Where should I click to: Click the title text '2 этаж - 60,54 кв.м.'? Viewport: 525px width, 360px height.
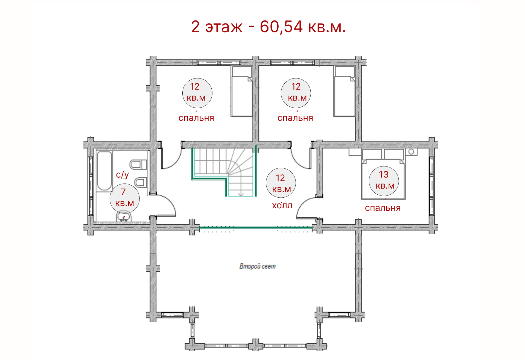click(x=269, y=27)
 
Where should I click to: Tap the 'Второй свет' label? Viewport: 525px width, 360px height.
click(x=258, y=266)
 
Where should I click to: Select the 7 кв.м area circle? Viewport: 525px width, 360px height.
click(x=125, y=198)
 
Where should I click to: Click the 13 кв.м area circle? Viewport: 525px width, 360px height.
click(x=384, y=181)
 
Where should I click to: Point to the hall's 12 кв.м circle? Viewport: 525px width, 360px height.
click(x=281, y=183)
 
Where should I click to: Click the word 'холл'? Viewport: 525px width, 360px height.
click(x=282, y=205)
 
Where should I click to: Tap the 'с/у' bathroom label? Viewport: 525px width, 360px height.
click(x=122, y=174)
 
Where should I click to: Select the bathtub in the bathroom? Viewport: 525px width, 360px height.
click(x=104, y=171)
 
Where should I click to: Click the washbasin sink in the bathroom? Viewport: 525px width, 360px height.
click(x=124, y=216)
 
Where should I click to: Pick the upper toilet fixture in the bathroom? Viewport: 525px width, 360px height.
click(x=138, y=165)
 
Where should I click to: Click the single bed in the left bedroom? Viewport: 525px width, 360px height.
click(x=242, y=92)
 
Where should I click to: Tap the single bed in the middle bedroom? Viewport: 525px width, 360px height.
click(x=345, y=92)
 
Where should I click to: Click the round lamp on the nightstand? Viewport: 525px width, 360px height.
click(x=411, y=152)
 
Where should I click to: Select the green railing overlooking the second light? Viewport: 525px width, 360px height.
click(x=256, y=227)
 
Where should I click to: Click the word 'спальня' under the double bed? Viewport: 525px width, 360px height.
click(x=383, y=208)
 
